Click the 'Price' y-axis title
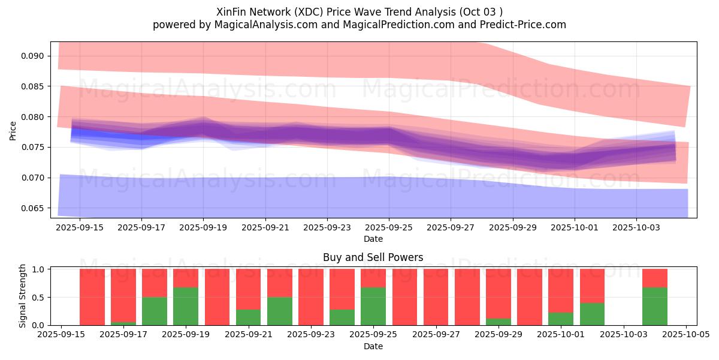[x=13, y=130]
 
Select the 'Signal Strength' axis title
[x=22, y=297]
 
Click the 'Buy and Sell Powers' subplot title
[x=373, y=257]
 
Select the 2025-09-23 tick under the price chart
[x=327, y=227]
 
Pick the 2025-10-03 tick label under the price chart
[x=636, y=227]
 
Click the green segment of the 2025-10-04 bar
[x=655, y=306]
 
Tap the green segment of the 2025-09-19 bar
[x=186, y=306]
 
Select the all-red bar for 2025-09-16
[x=92, y=297]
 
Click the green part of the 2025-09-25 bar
[x=373, y=306]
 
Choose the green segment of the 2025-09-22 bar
[x=279, y=311]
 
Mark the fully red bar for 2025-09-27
[x=436, y=297]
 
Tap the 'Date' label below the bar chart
[x=373, y=346]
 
